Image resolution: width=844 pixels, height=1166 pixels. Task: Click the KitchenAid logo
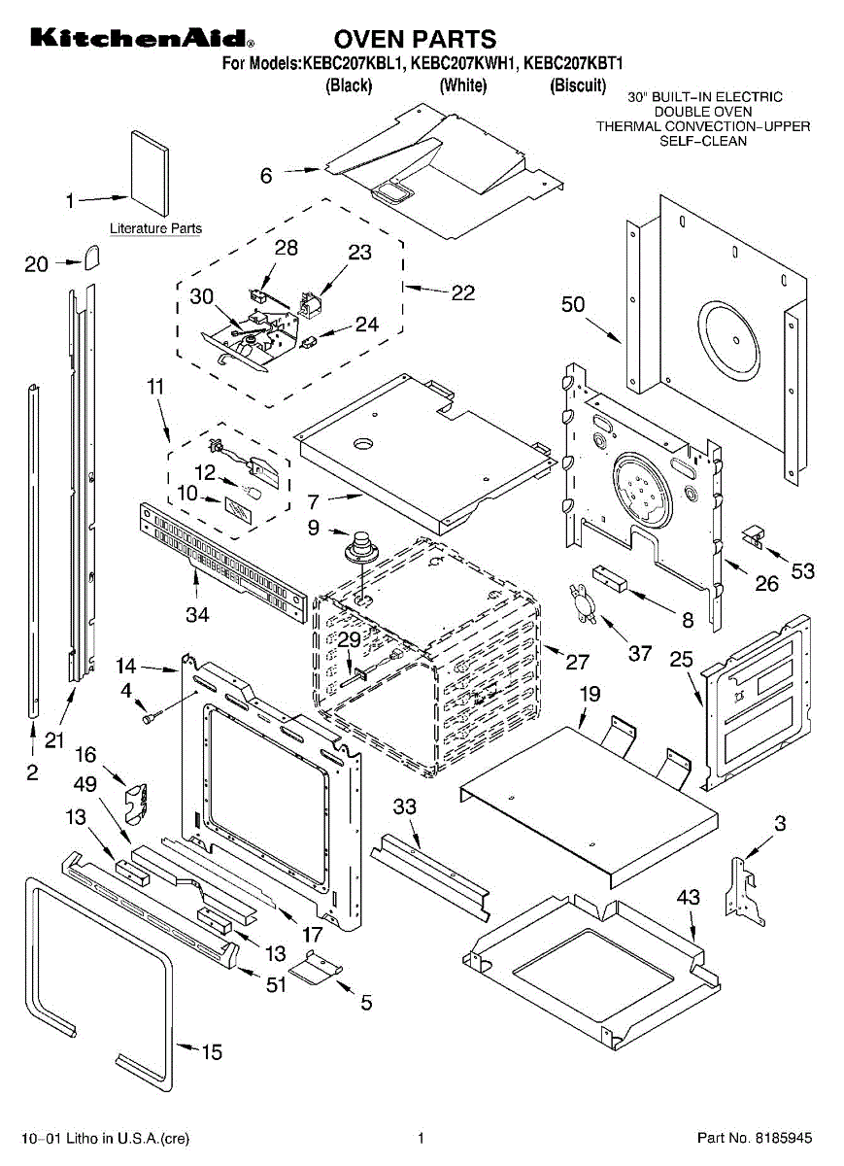click(142, 39)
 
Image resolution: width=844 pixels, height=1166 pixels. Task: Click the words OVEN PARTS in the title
click(415, 39)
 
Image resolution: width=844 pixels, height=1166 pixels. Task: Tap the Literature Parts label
click(155, 229)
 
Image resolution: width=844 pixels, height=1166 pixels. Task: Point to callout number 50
click(573, 304)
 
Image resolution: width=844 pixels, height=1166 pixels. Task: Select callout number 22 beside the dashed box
click(463, 291)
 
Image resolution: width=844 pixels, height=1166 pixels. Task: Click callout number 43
click(688, 898)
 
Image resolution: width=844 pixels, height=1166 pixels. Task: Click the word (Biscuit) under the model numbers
click(579, 86)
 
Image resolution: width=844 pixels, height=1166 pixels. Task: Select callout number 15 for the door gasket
click(211, 1051)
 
